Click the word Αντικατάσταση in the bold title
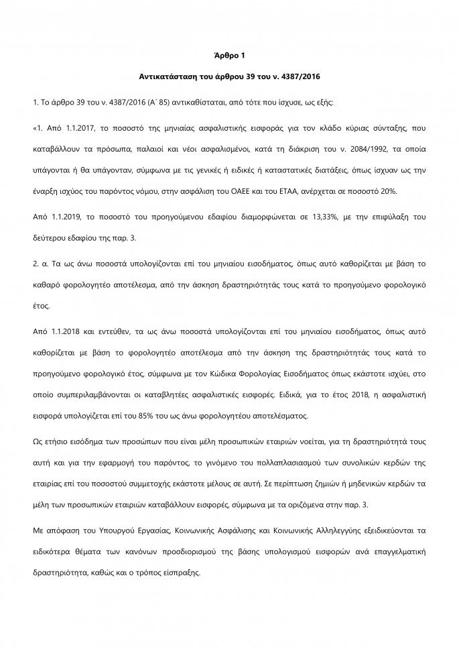[189, 85]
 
